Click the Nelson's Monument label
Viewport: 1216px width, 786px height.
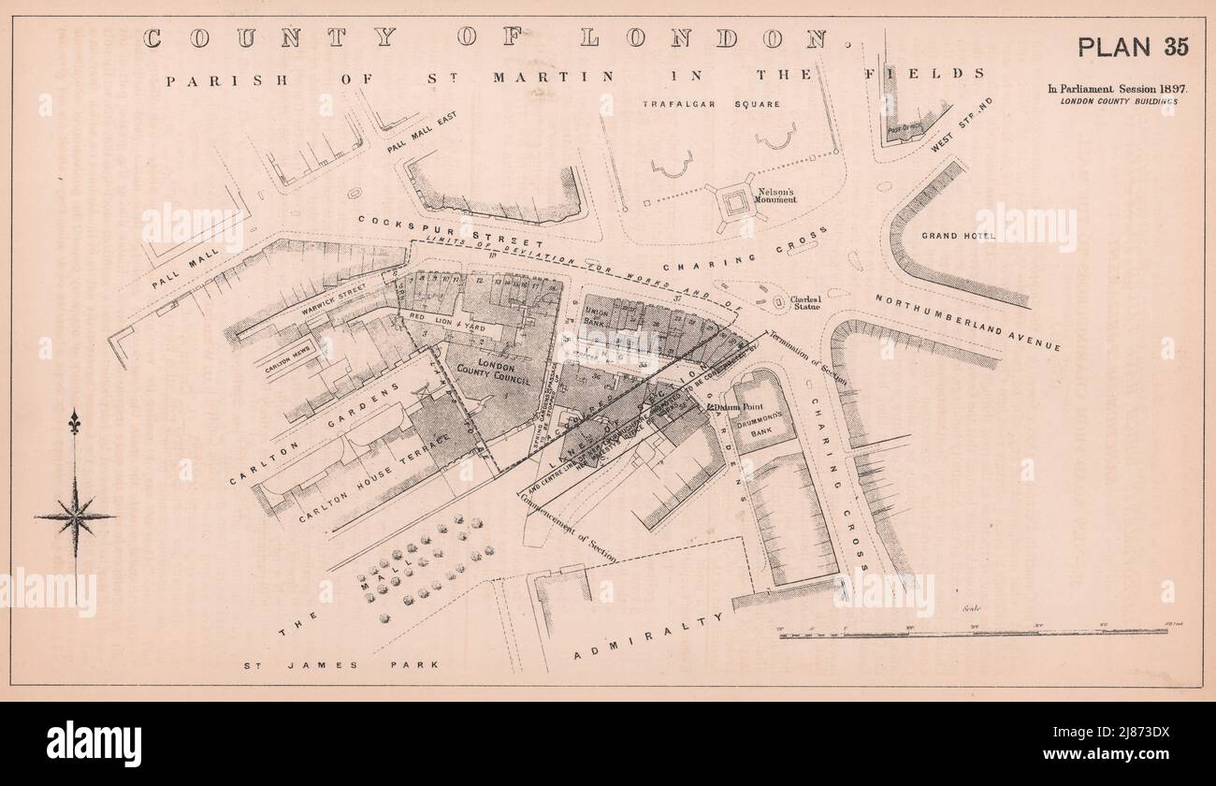click(776, 195)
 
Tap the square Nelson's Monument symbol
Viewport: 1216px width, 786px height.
click(735, 201)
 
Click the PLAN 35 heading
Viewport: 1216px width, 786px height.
click(1133, 47)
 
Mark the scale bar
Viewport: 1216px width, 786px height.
click(973, 633)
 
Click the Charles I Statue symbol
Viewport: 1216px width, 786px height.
click(778, 302)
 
